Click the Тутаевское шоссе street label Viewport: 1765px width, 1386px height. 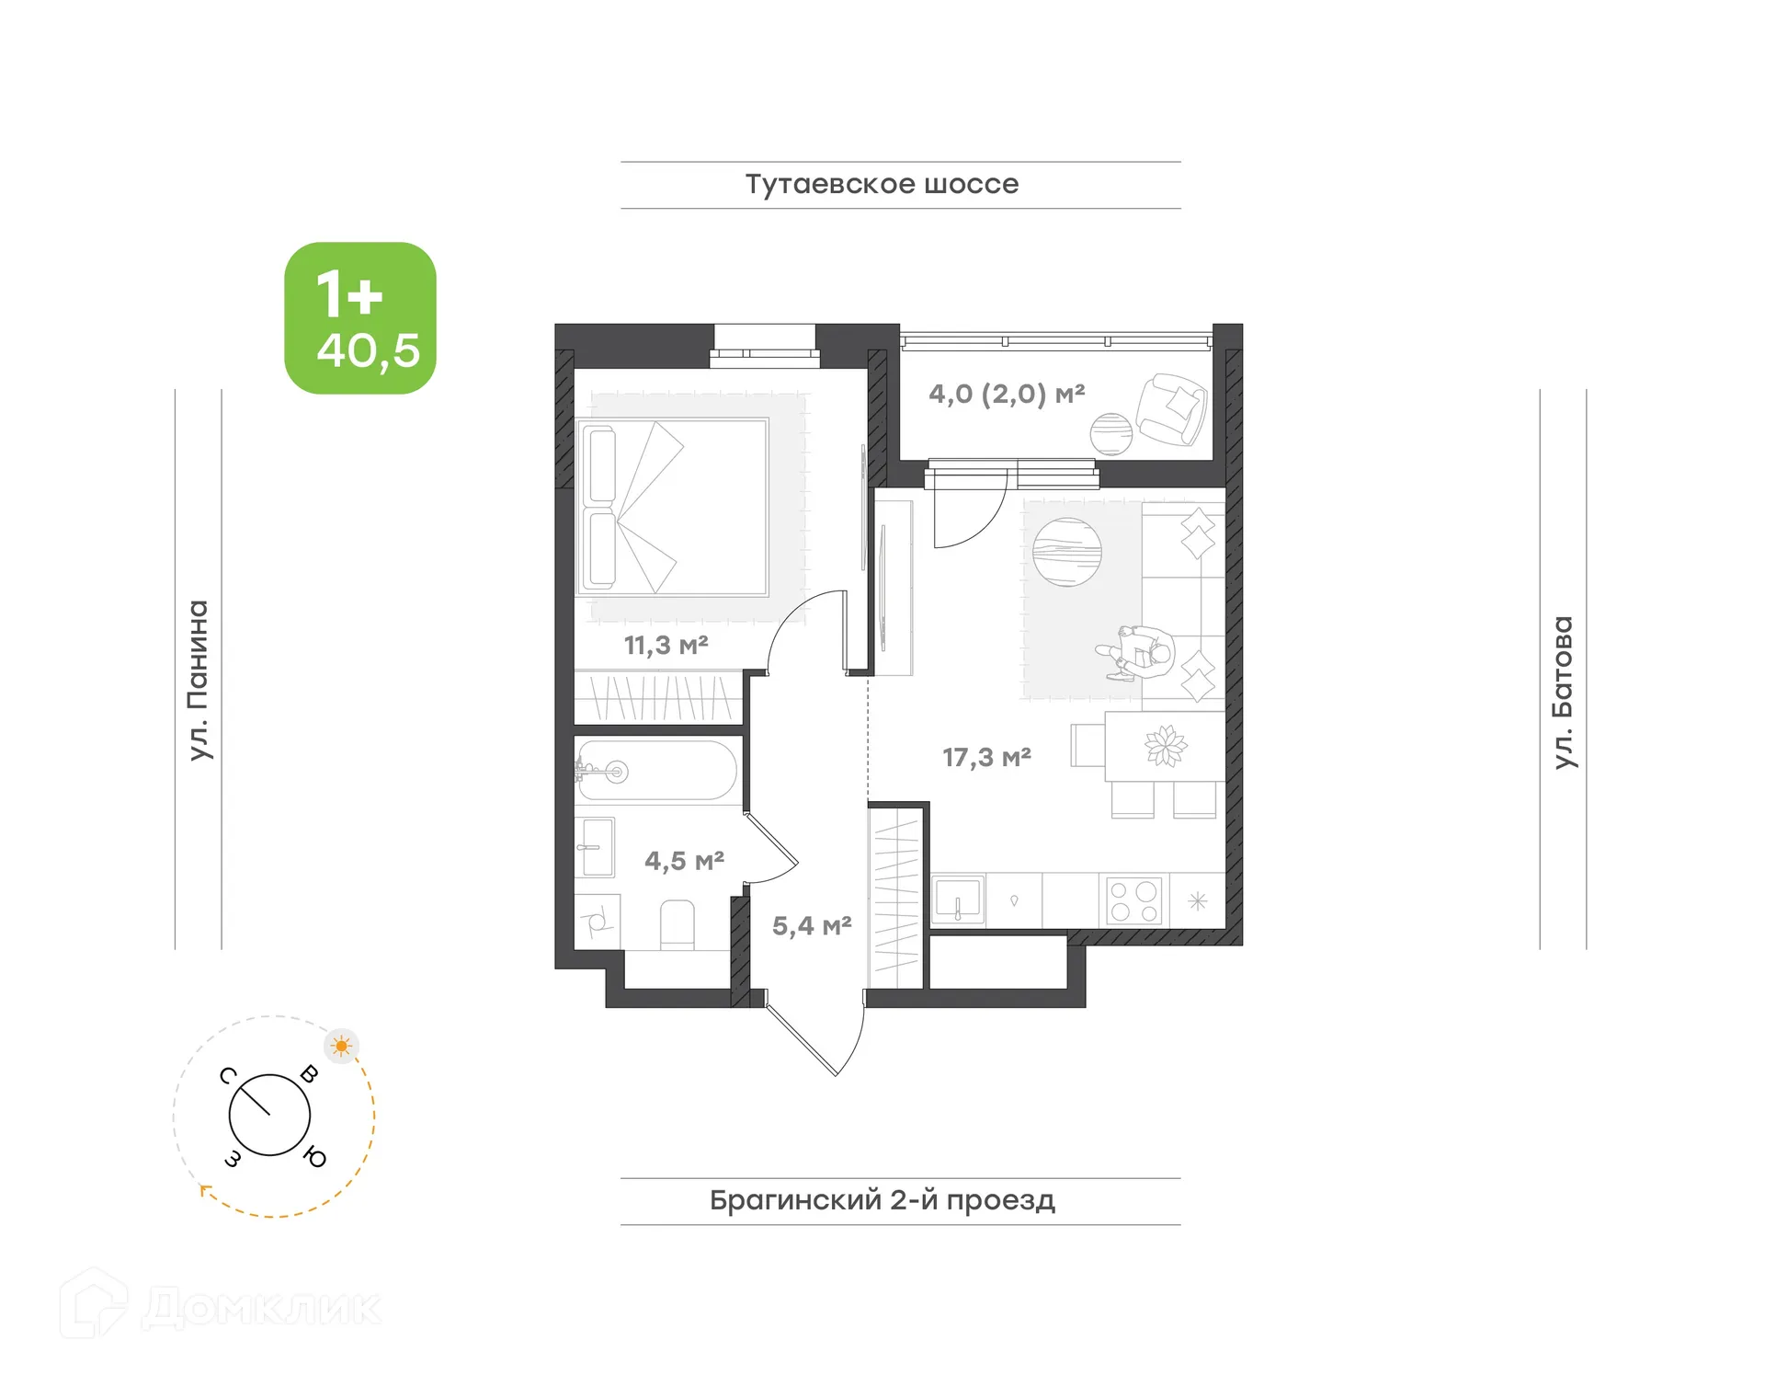click(x=882, y=184)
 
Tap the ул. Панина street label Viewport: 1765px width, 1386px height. click(x=199, y=680)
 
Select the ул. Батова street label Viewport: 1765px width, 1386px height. click(x=1563, y=692)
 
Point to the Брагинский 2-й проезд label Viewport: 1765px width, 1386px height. click(x=882, y=1200)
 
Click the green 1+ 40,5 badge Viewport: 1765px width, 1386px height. click(x=360, y=318)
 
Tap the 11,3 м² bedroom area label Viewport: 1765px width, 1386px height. click(x=666, y=645)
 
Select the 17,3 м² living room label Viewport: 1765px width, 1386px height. click(x=986, y=757)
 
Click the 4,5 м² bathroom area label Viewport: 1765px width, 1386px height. click(x=684, y=861)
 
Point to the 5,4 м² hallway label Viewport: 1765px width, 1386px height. click(x=811, y=925)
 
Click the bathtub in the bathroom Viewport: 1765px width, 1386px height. click(x=657, y=771)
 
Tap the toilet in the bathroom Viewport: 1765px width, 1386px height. click(x=678, y=924)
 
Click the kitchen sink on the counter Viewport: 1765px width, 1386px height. click(x=958, y=899)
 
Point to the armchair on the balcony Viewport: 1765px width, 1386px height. click(x=1171, y=408)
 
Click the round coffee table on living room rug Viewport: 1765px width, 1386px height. click(x=1066, y=552)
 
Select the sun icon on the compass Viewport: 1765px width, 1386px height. click(x=342, y=1046)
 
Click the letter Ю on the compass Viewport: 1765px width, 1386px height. click(x=314, y=1158)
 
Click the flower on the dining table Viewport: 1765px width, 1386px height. click(x=1166, y=746)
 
